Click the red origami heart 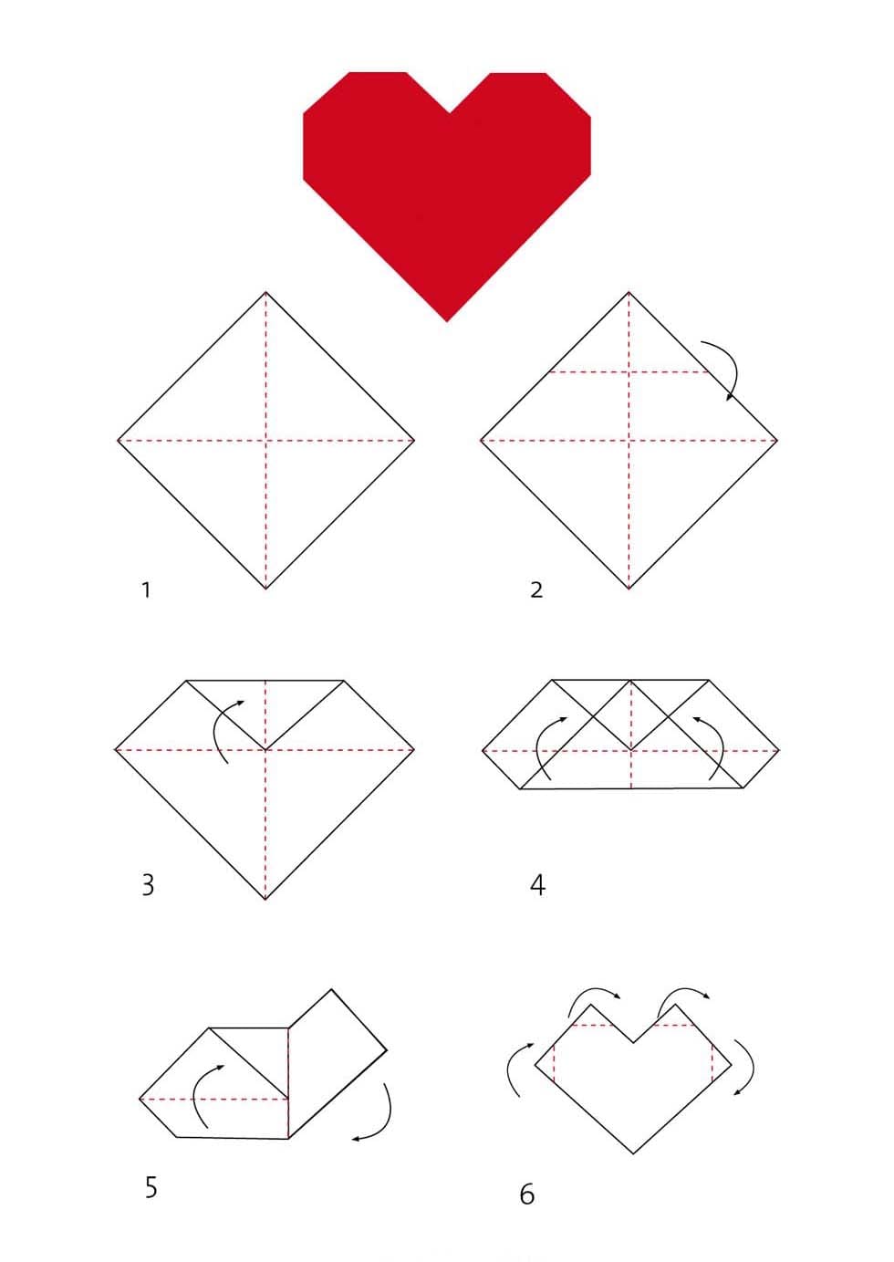tap(447, 186)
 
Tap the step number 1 tap(147, 589)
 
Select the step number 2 tap(536, 589)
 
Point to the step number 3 tap(148, 884)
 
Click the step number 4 tap(538, 884)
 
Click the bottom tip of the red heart tap(447, 322)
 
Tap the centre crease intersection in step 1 tap(265, 440)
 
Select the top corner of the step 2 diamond tap(629, 292)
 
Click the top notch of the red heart tap(449, 112)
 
